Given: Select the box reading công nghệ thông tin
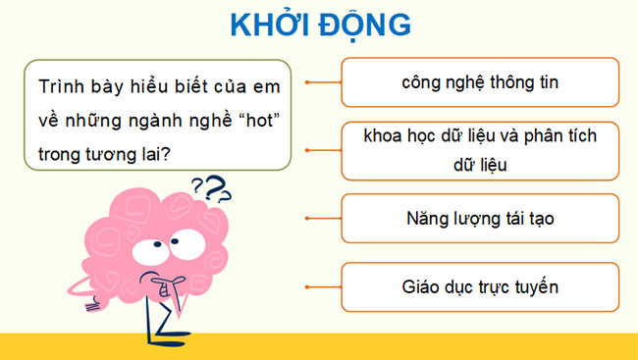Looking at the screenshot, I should [480, 82].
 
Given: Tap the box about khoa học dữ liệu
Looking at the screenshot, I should [480, 149].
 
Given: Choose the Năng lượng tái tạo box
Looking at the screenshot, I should [480, 219].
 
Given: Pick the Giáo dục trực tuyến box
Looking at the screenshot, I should [480, 287].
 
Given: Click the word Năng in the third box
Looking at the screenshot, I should [423, 219].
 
